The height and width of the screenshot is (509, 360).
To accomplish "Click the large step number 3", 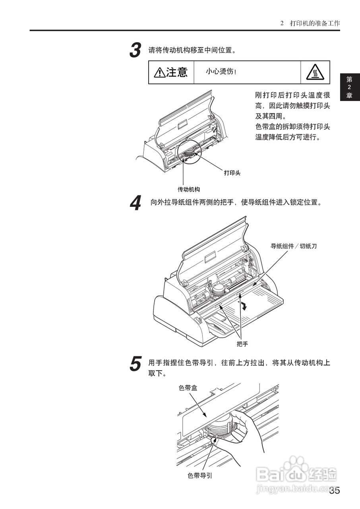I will coord(135,51).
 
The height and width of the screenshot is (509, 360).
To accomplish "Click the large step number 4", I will coord(135,204).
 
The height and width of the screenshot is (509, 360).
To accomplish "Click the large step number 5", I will coord(135,364).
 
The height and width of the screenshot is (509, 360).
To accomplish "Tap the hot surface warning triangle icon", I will coord(315,72).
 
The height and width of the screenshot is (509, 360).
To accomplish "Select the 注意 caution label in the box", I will coord(171,72).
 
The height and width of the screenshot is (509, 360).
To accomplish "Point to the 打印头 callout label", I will coord(232,173).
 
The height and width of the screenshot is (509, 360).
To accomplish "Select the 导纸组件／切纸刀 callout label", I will coord(294,246).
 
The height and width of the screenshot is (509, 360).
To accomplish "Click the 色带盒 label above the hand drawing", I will coord(188,388).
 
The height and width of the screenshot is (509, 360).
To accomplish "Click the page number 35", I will coord(334,491).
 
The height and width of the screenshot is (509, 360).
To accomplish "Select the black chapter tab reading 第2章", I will coord(349,87).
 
